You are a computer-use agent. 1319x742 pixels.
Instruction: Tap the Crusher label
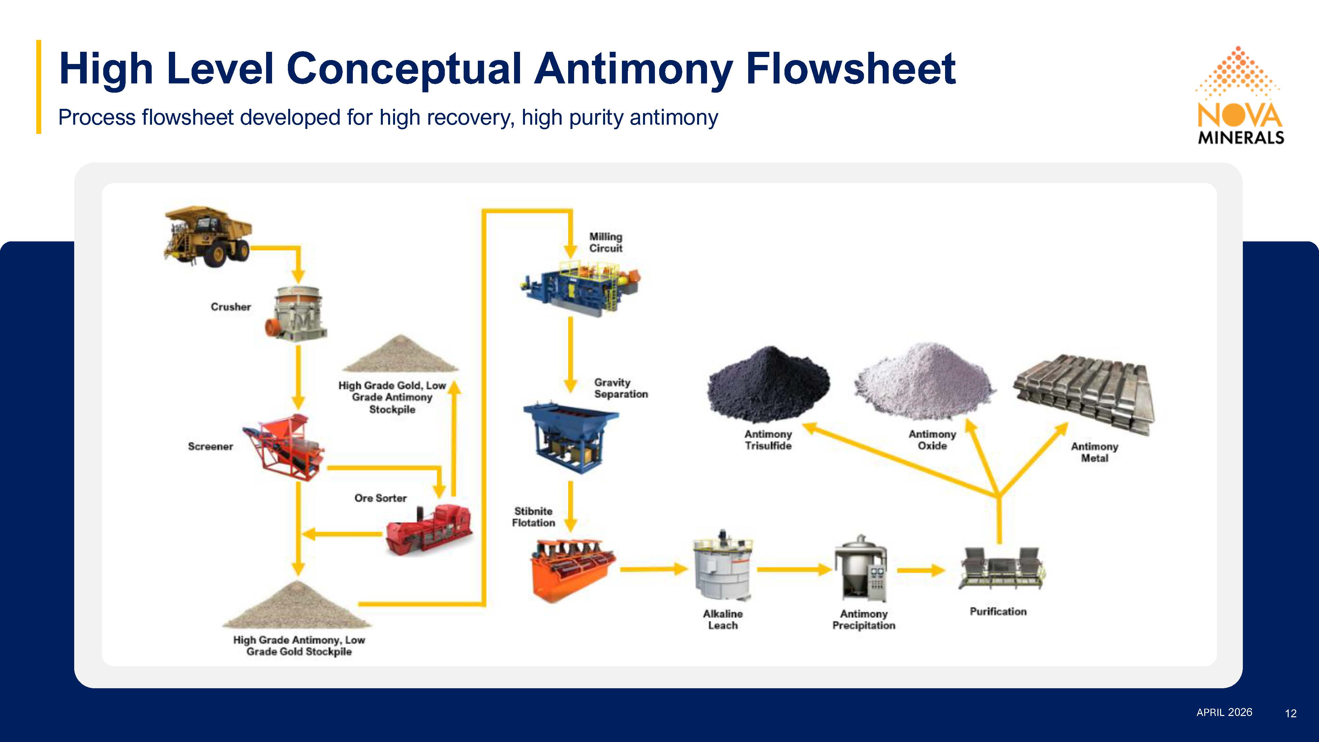tap(231, 307)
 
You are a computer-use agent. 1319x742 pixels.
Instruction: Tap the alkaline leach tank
tap(722, 566)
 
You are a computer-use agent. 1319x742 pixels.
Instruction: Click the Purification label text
tap(998, 611)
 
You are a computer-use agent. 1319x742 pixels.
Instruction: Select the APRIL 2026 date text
tap(1224, 712)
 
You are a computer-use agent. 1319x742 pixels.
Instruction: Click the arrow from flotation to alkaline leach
tap(653, 569)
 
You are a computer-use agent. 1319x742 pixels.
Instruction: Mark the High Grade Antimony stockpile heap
tap(297, 606)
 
